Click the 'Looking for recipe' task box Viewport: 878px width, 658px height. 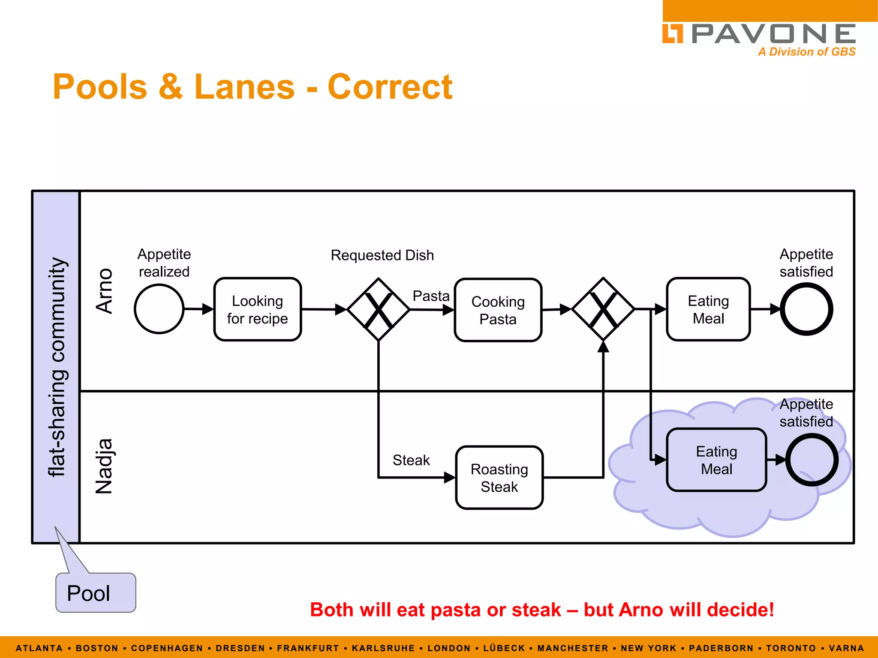(257, 309)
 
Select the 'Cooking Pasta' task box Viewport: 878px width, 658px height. (498, 310)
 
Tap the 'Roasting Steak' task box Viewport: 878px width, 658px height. (499, 478)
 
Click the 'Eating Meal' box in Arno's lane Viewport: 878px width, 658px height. (708, 309)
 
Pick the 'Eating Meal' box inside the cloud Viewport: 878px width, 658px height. (716, 460)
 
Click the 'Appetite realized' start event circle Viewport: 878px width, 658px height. (159, 309)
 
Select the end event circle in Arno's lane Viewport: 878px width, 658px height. (806, 309)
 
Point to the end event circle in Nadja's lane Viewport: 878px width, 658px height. (812, 460)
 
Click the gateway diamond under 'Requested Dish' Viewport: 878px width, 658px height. (378, 309)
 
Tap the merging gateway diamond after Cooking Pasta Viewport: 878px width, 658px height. (603, 309)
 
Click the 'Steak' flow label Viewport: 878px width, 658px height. (411, 460)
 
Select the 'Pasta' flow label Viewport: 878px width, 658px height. (430, 296)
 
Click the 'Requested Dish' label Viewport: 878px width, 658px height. (382, 255)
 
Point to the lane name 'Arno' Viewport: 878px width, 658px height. (104, 291)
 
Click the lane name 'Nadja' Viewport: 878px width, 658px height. (104, 466)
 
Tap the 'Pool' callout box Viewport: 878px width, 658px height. (95, 593)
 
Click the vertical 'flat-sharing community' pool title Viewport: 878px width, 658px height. (57, 367)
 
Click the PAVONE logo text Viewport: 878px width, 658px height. (773, 34)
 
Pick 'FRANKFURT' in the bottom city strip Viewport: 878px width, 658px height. (308, 648)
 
